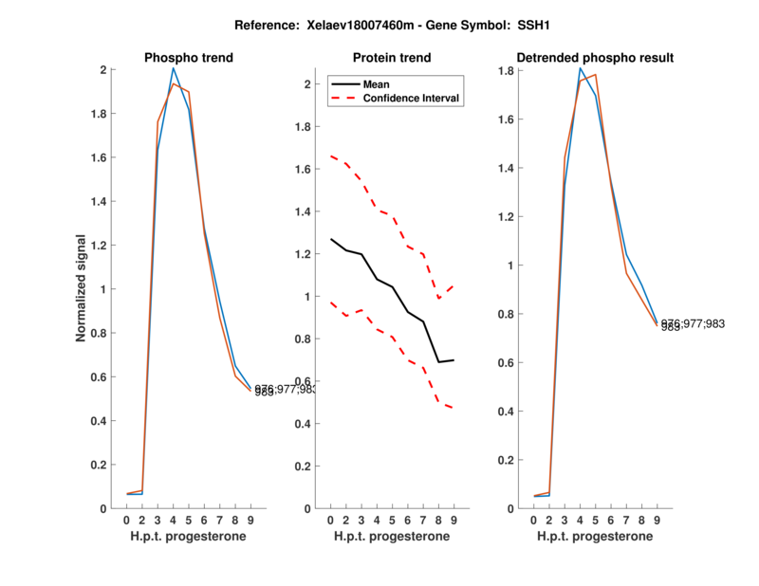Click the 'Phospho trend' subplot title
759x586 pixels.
coord(188,58)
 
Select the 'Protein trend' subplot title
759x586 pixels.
coord(391,58)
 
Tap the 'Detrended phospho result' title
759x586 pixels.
coord(595,58)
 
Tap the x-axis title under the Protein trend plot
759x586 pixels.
coord(391,537)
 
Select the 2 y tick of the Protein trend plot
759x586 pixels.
coord(307,84)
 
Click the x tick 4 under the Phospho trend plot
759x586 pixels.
coord(173,521)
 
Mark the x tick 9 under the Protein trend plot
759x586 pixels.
coord(453,521)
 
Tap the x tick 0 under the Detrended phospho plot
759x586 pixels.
coord(534,521)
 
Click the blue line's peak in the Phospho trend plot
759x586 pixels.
coord(173,68)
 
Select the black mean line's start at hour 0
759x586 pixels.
coord(331,239)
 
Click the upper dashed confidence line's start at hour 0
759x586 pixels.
coord(331,156)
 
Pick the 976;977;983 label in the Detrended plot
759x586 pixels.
coord(693,323)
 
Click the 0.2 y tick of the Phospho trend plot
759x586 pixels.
coord(99,465)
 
